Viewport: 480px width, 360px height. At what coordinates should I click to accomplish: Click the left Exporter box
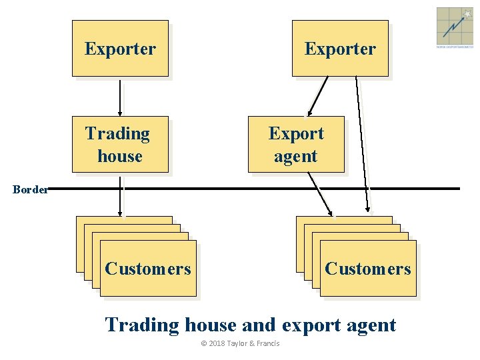[120, 49]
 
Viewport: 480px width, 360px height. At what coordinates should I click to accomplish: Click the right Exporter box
[340, 49]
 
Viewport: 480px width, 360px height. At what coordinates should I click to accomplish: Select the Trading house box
[120, 145]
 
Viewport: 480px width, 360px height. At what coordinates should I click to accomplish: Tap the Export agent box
[296, 145]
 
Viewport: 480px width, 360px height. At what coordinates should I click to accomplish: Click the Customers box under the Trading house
[147, 269]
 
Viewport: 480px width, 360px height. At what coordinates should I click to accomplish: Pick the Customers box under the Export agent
[367, 269]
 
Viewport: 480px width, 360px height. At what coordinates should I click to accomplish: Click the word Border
[30, 189]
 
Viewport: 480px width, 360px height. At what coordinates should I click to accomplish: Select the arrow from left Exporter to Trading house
[120, 97]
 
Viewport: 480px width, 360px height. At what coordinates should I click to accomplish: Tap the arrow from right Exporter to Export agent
[319, 96]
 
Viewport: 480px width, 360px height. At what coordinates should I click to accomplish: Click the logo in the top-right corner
[455, 27]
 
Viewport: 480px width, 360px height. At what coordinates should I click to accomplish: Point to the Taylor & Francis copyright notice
[240, 343]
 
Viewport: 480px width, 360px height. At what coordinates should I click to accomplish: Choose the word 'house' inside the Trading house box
[120, 157]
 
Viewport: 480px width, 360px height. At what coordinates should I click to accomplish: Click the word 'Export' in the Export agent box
[296, 133]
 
